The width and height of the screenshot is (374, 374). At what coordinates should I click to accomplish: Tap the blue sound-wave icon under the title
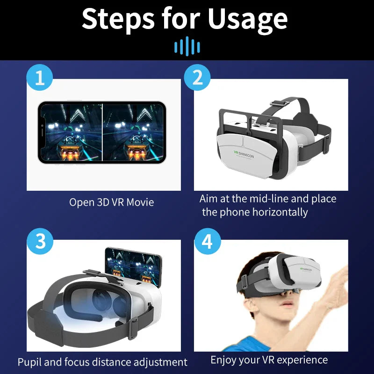tap(187, 46)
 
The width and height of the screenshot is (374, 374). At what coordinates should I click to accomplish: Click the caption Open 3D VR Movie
tap(111, 202)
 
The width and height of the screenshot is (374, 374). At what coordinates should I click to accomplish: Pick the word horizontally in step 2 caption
tap(280, 212)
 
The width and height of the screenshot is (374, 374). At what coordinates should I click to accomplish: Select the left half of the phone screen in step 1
tap(71, 133)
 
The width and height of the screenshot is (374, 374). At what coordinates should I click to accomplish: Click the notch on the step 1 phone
tap(42, 133)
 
